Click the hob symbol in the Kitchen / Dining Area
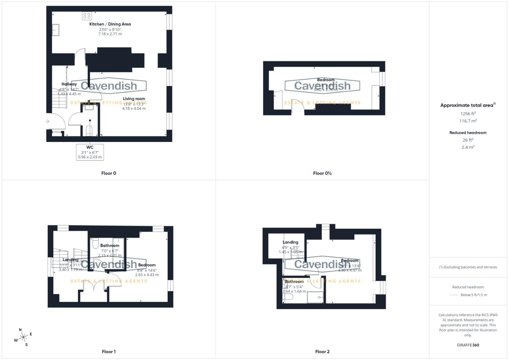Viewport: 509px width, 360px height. click(x=87, y=16)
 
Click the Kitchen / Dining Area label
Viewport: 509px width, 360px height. click(x=110, y=24)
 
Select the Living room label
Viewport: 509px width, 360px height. click(x=134, y=99)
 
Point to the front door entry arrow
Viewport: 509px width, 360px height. click(x=47, y=121)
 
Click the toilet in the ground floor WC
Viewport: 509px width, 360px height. click(x=89, y=130)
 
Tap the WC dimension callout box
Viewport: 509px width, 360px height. click(x=90, y=152)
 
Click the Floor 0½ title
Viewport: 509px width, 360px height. click(x=322, y=173)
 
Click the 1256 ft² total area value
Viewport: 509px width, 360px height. click(x=468, y=114)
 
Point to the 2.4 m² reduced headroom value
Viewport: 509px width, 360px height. click(x=468, y=147)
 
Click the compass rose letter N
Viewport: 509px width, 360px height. click(x=20, y=330)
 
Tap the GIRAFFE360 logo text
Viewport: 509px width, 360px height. click(x=468, y=345)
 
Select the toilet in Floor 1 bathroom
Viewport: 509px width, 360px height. click(x=95, y=244)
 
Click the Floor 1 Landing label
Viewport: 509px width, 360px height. click(x=70, y=260)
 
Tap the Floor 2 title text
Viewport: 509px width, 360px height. click(x=322, y=351)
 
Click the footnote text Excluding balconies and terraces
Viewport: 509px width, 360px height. click(x=468, y=267)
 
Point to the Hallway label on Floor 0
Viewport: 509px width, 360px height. click(x=69, y=84)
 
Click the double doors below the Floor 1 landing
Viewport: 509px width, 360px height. click(x=94, y=286)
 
